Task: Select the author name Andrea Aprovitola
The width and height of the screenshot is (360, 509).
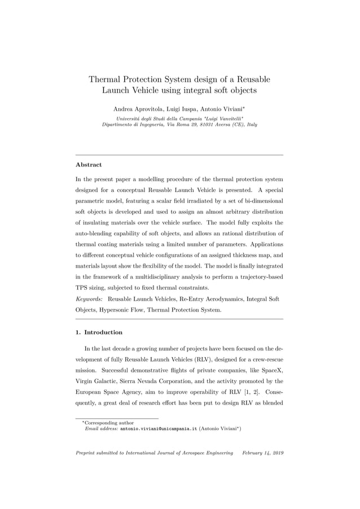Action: tap(135, 108)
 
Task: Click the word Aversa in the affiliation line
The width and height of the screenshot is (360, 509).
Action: tap(219, 124)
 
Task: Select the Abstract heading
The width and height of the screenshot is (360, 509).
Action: tap(88, 165)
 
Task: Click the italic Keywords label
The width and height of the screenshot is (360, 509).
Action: tap(89, 299)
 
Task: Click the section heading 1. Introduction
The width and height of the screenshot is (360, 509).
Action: tap(99, 332)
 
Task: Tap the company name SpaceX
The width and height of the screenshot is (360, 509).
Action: tap(268, 370)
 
